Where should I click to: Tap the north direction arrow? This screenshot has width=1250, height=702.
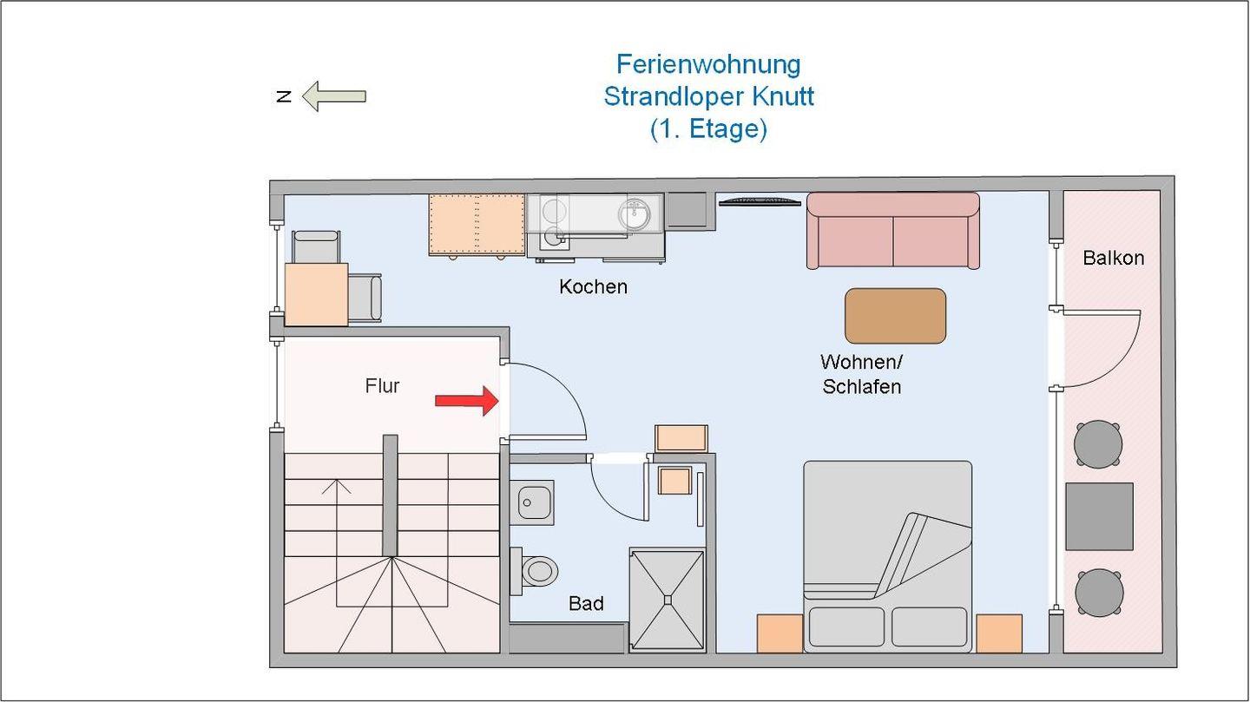pyautogui.click(x=333, y=95)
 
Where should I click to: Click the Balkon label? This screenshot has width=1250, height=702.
pyautogui.click(x=1113, y=258)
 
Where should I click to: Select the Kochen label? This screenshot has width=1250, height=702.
pyautogui.click(x=593, y=286)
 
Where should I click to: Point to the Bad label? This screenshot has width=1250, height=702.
pyautogui.click(x=586, y=603)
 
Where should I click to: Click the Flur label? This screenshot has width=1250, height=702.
pyautogui.click(x=382, y=386)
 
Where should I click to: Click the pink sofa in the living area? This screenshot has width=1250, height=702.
pyautogui.click(x=892, y=230)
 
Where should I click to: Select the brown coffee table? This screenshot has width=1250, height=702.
pyautogui.click(x=895, y=316)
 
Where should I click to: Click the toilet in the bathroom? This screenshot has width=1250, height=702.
pyautogui.click(x=537, y=571)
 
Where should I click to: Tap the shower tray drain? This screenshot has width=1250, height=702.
pyautogui.click(x=667, y=598)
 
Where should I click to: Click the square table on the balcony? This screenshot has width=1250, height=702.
pyautogui.click(x=1099, y=516)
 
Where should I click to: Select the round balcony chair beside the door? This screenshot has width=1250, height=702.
pyautogui.click(x=1098, y=444)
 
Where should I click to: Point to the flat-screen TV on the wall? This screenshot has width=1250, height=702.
pyautogui.click(x=760, y=202)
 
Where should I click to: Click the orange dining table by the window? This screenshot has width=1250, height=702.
pyautogui.click(x=316, y=294)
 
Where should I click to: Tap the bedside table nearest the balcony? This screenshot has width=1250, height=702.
pyautogui.click(x=998, y=633)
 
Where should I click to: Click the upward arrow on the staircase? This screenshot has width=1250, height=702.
pyautogui.click(x=336, y=485)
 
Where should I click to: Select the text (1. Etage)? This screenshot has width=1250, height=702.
pyautogui.click(x=708, y=129)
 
